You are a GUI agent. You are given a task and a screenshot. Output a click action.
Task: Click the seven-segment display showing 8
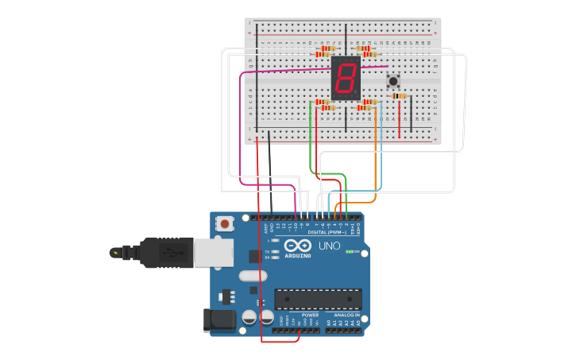346,78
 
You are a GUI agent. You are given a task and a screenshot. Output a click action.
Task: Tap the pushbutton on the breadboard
392,81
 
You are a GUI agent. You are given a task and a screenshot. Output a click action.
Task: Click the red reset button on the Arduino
225,224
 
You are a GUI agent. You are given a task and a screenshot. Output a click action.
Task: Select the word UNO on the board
329,246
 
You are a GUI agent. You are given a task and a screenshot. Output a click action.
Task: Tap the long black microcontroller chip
318,299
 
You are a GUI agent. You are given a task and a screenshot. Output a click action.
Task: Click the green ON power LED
349,252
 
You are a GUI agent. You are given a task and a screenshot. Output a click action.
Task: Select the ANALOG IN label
346,315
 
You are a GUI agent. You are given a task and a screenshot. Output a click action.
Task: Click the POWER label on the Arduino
310,315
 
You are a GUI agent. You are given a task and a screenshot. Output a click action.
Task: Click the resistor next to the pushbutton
399,96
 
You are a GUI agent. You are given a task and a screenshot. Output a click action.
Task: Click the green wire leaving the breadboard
310,143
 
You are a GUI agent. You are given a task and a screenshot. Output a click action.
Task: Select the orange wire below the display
375,151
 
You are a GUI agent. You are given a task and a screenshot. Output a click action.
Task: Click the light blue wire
381,159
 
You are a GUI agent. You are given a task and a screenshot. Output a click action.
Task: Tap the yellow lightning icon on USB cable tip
116,254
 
